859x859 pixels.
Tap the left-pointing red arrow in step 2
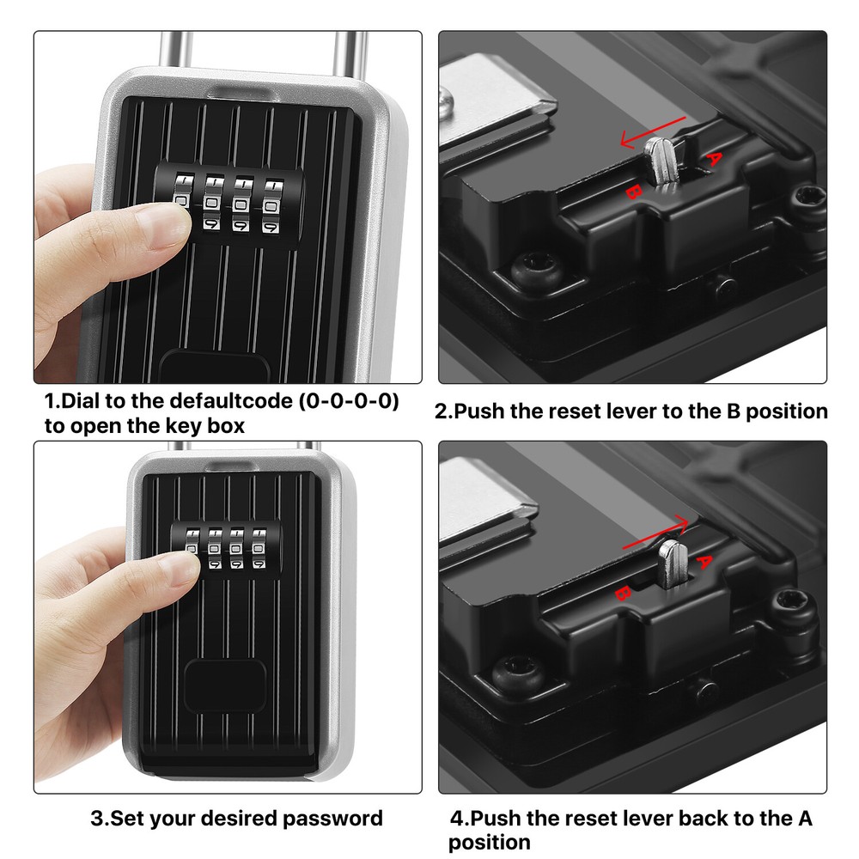click(652, 131)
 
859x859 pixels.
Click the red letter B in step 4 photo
click(624, 593)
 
